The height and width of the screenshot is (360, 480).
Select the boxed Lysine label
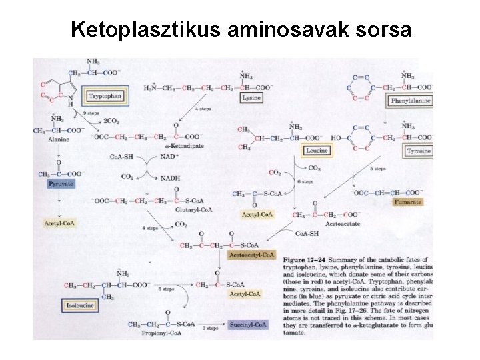click(x=251, y=98)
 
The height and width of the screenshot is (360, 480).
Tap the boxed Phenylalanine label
click(x=411, y=101)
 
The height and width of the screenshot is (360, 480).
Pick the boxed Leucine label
click(x=317, y=151)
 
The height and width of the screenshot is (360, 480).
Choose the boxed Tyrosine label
click(x=419, y=151)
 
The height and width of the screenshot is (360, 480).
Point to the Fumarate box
click(x=406, y=201)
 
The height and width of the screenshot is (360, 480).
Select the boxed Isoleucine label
click(x=79, y=305)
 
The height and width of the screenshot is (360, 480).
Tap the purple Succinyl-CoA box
click(x=249, y=325)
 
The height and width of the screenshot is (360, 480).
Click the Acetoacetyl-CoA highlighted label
click(x=251, y=255)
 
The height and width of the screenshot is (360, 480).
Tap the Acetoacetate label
click(x=344, y=225)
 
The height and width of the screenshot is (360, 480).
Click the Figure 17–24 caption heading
click(x=304, y=258)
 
